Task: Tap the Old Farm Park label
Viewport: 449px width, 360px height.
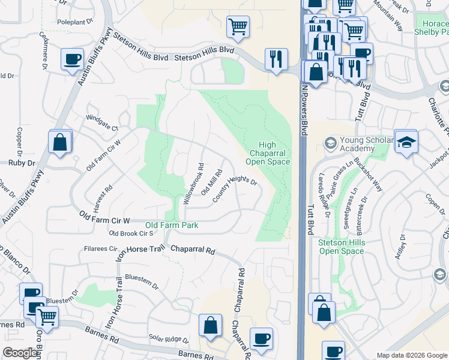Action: point(172,226)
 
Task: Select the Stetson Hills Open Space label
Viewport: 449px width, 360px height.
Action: point(341,247)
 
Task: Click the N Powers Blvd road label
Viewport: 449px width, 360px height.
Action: point(304,109)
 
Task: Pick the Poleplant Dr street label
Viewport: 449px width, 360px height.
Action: point(76,21)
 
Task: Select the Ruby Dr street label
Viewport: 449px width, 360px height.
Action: point(22,163)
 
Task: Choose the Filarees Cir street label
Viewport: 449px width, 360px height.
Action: point(101,248)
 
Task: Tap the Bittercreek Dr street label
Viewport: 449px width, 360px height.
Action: point(364,206)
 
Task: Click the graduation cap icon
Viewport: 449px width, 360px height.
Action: point(406,142)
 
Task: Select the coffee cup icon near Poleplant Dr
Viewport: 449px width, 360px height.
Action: point(72,59)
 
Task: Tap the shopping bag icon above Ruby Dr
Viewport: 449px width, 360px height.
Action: point(59,142)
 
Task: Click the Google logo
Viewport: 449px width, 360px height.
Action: point(20,353)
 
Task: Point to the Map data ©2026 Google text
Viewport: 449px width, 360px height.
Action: point(411,355)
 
